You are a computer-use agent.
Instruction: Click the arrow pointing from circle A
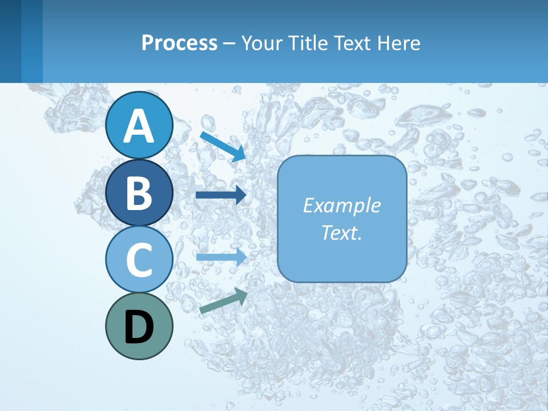223,146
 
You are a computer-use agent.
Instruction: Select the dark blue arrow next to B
221,195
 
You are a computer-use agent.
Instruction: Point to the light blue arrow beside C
221,257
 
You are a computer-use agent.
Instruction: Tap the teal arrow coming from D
223,301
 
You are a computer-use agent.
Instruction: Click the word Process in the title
179,43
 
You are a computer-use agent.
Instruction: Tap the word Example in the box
341,205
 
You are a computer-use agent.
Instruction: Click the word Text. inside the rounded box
341,232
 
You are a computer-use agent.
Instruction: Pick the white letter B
139,193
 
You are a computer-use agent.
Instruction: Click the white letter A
139,126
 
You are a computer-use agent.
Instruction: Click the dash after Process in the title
229,44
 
